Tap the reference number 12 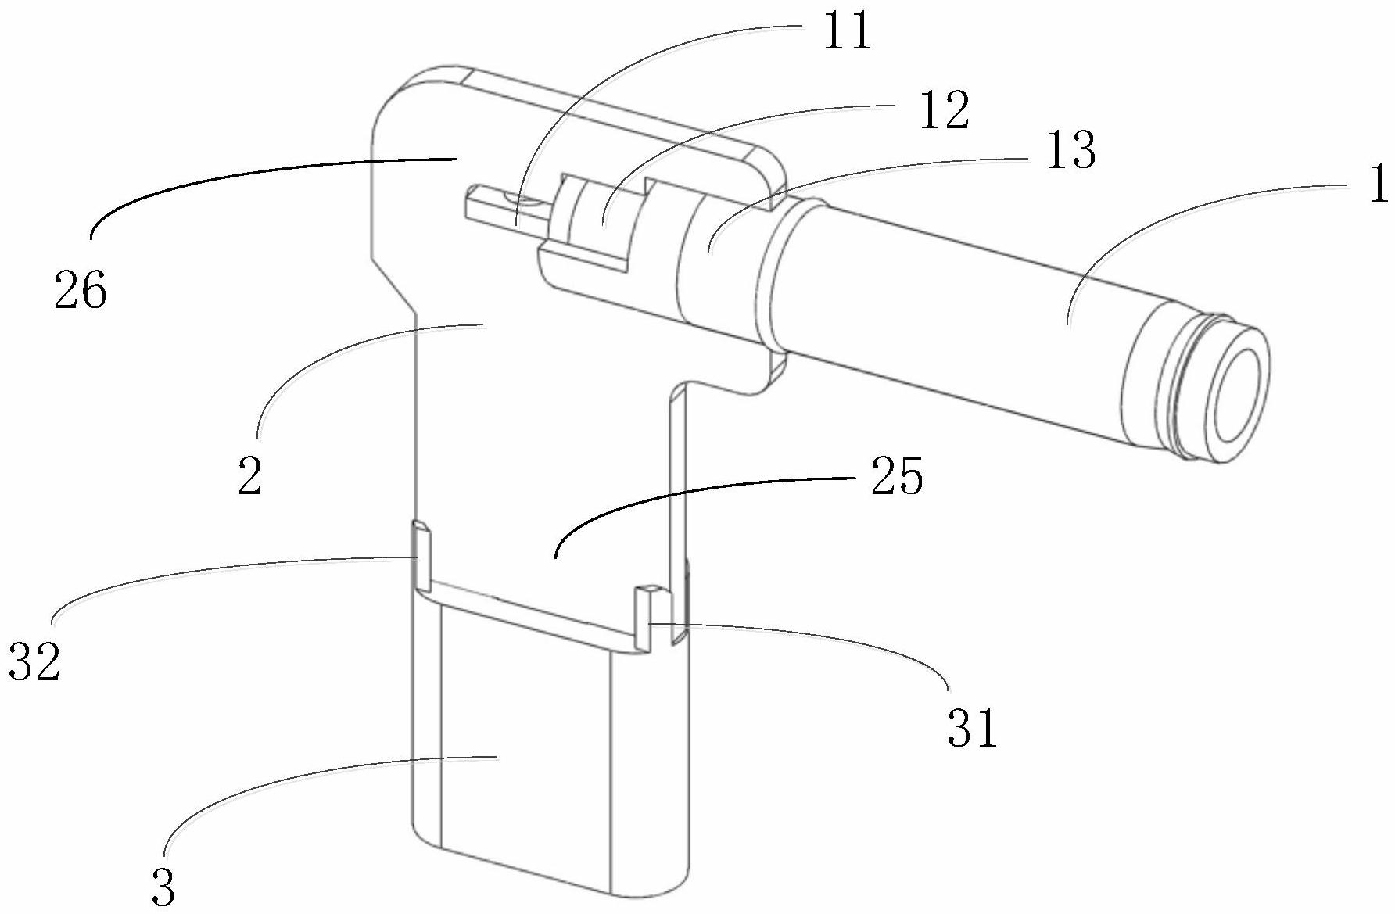pos(944,111)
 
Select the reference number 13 pos(1070,151)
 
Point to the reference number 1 pos(1379,185)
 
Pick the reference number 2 pos(249,476)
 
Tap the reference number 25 pos(897,476)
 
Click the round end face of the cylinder pos(1239,400)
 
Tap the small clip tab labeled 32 pos(421,556)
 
